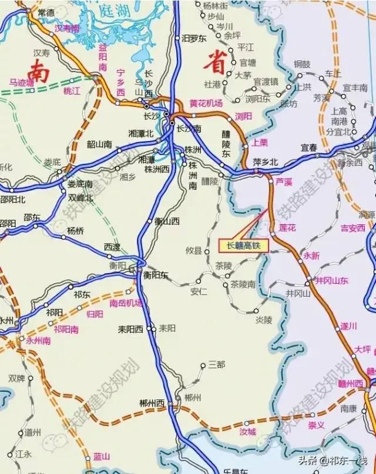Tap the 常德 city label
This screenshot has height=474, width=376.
click(45, 12)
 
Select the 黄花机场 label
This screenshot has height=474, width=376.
click(206, 103)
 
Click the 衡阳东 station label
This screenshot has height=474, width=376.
click(157, 274)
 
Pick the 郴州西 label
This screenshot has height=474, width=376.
click(152, 403)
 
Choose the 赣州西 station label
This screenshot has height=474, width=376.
click(351, 384)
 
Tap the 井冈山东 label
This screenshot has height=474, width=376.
click(332, 280)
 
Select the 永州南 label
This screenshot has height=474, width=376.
click(38, 340)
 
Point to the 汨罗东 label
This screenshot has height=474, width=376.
click(194, 38)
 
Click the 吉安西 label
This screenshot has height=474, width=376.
click(353, 227)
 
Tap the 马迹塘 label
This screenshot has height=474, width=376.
click(22, 83)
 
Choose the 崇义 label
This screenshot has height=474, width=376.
click(317, 425)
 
